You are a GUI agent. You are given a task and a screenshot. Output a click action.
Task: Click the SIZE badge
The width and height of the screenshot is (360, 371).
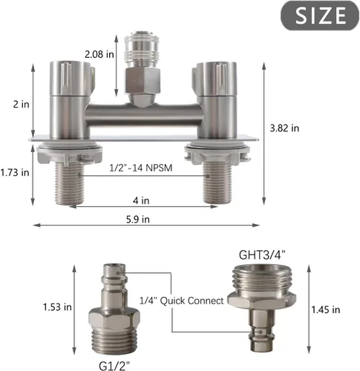[x=320, y=16]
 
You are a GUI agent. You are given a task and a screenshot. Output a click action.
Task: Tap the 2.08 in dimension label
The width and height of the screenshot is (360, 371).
[x=99, y=54]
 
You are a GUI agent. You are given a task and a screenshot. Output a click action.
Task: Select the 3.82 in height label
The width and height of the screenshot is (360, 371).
[x=284, y=128]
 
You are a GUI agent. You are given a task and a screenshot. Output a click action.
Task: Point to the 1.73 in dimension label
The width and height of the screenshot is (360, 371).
[x=15, y=172]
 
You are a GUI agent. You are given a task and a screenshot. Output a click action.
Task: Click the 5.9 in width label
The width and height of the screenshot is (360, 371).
[x=138, y=220]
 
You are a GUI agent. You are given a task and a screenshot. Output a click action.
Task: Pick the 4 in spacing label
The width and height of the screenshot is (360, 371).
[x=141, y=200]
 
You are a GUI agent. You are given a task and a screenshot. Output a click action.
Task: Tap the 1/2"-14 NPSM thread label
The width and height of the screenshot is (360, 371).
[x=141, y=168]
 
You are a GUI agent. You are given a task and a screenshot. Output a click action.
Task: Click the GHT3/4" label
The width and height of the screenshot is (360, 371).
[x=262, y=255]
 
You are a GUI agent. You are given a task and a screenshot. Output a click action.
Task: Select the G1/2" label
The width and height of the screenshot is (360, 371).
[x=114, y=366]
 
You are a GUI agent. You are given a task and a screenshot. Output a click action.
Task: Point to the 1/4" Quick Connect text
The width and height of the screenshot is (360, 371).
[x=182, y=301]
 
